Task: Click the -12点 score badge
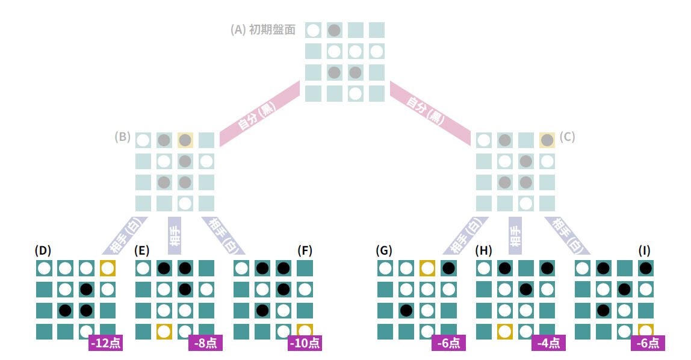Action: (106, 343)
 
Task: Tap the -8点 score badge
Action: (205, 343)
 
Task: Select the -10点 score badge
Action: (305, 343)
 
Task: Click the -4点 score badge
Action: (548, 343)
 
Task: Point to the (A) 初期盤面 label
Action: (262, 29)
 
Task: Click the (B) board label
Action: (123, 137)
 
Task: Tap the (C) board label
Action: (567, 137)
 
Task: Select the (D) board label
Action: (43, 250)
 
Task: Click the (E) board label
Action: (141, 250)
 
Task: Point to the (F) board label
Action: (305, 250)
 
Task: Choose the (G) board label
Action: (384, 250)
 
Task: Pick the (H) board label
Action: (483, 250)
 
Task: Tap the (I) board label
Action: (644, 250)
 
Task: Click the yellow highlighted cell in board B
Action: (185, 140)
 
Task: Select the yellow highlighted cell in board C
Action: (547, 140)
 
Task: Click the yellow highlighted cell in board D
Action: (108, 268)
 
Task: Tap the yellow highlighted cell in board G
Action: (427, 268)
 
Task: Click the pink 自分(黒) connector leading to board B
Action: (259, 113)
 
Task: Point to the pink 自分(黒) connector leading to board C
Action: (430, 113)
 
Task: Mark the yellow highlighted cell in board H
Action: (504, 331)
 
